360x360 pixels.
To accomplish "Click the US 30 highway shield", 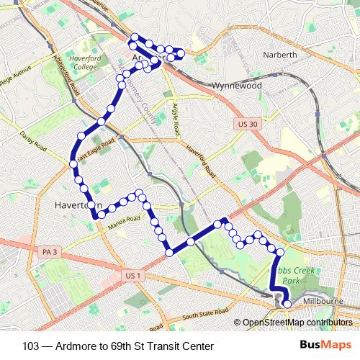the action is tap(246, 125).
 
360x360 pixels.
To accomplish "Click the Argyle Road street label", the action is tap(175, 119).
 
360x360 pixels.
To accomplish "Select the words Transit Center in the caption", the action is tap(181, 345).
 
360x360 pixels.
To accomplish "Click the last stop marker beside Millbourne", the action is tap(287, 304).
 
